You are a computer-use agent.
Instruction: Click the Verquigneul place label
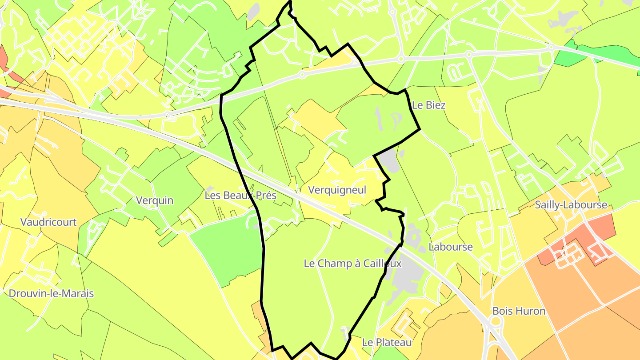click(337, 190)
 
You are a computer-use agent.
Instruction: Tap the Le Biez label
click(428, 105)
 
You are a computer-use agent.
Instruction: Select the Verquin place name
click(155, 200)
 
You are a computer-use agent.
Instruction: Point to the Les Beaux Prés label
click(240, 195)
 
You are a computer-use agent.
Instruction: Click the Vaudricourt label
click(48, 222)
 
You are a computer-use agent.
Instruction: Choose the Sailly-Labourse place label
click(571, 205)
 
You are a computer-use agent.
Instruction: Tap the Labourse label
click(451, 247)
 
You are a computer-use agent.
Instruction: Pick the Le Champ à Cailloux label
click(352, 264)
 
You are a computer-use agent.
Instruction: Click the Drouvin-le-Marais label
click(51, 293)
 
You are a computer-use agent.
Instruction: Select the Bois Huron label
click(519, 311)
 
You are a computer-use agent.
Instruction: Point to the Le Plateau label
click(387, 342)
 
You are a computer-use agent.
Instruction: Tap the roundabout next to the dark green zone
click(551, 47)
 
